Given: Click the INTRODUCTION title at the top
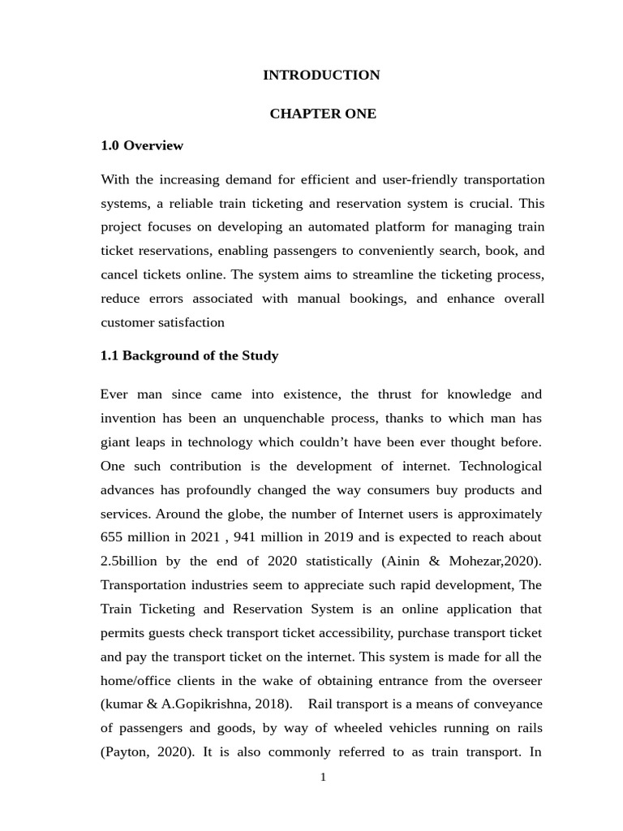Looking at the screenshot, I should (321, 75).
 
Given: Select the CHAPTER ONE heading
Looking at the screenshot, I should (323, 114).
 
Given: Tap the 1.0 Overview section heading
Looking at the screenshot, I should (142, 146).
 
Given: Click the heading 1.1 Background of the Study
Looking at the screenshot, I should (189, 355).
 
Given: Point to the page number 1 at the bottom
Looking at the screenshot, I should (323, 777).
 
